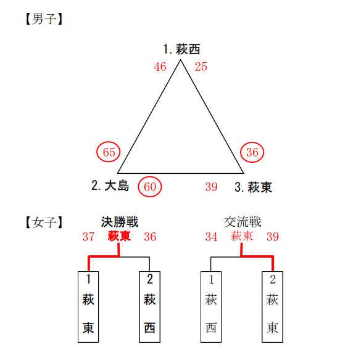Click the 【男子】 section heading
click(x=44, y=19)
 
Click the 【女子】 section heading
click(x=44, y=223)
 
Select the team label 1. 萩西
click(x=181, y=49)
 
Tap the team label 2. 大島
click(x=110, y=186)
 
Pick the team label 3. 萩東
click(x=254, y=187)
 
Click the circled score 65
click(x=108, y=152)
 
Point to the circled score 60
click(x=150, y=187)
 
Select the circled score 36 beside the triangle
click(x=252, y=152)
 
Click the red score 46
click(x=160, y=67)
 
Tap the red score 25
click(x=201, y=67)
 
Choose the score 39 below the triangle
click(x=211, y=187)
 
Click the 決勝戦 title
click(x=120, y=222)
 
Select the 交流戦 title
click(x=243, y=222)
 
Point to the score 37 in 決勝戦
click(x=88, y=237)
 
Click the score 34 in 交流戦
click(x=211, y=237)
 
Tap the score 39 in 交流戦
click(x=273, y=237)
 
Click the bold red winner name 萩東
click(x=119, y=236)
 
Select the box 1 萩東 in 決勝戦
click(x=88, y=307)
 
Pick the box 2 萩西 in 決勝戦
click(x=150, y=307)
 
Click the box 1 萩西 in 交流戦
click(x=211, y=307)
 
